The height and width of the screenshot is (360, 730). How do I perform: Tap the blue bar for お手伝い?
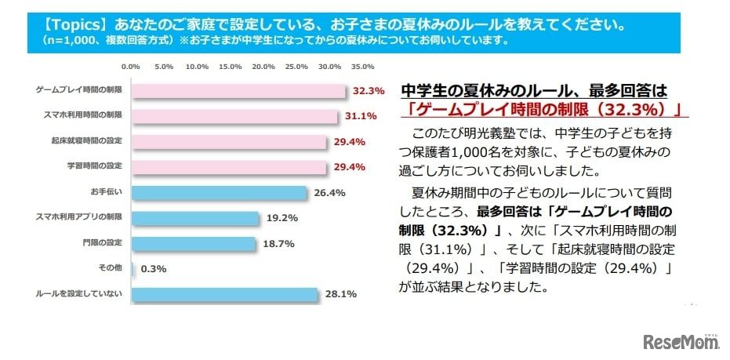[x=219, y=193]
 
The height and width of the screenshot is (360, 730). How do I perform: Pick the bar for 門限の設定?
[x=193, y=244]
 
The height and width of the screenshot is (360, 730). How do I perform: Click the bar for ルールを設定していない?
[x=224, y=295]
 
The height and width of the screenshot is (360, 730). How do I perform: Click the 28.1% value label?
[x=341, y=295]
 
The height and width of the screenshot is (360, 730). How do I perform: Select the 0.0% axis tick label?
[x=131, y=67]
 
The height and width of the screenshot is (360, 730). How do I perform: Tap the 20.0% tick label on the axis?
[x=264, y=67]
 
